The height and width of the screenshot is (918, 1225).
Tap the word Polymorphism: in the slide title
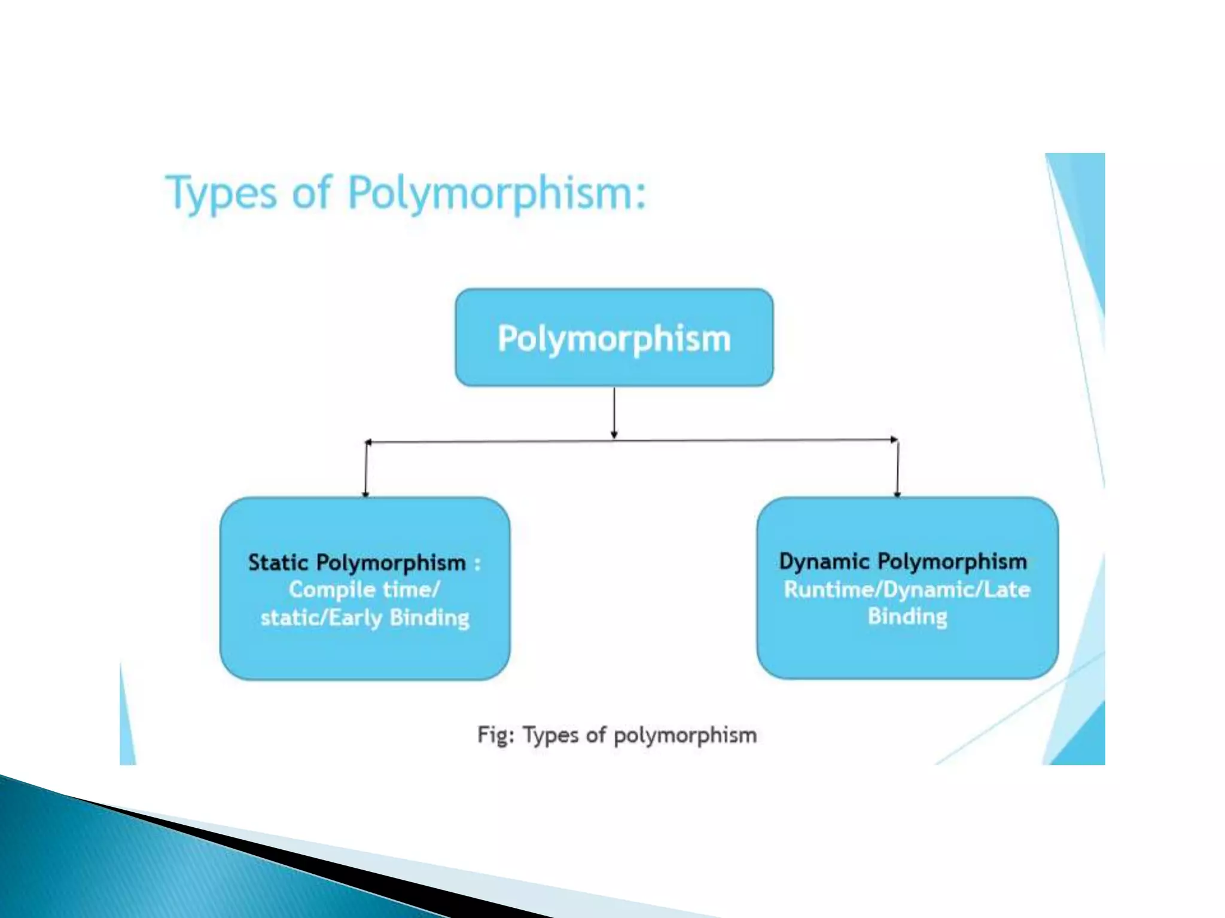(497, 194)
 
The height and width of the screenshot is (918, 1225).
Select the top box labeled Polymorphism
(614, 338)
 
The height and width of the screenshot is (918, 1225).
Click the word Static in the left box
(278, 563)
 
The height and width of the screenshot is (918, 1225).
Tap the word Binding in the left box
(429, 617)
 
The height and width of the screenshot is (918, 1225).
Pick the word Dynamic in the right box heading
(824, 562)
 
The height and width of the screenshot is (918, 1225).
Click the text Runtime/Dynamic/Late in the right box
(907, 590)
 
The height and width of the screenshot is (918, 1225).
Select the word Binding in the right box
(907, 617)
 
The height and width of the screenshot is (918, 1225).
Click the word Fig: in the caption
(495, 735)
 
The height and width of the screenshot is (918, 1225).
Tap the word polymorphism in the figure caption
(685, 735)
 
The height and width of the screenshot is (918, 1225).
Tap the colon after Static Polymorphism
(477, 564)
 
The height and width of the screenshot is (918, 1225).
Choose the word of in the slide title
(311, 194)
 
